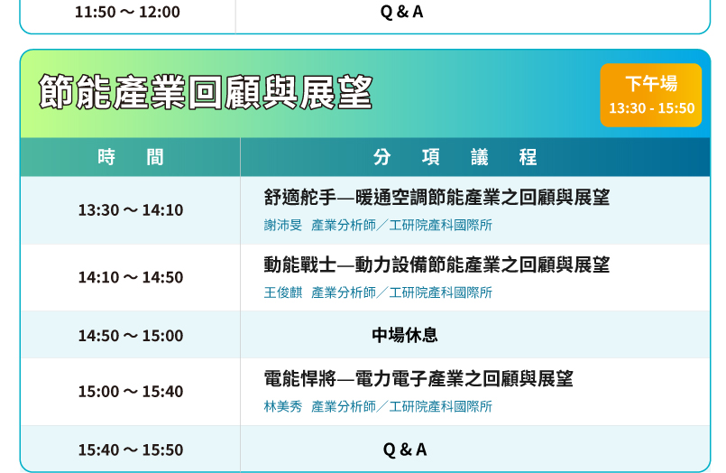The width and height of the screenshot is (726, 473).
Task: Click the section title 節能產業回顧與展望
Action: pos(206,92)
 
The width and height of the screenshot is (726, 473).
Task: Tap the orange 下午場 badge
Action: pos(651,95)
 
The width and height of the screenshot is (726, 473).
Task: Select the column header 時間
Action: pos(131,157)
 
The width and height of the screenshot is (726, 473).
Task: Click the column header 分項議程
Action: pos(455,157)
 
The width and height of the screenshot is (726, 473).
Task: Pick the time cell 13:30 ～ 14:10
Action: pos(131,209)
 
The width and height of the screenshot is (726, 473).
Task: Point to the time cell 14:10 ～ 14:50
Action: pos(131,277)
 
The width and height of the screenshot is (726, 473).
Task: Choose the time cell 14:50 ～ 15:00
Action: pos(131,336)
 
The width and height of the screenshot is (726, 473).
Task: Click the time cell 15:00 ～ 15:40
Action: pos(131,392)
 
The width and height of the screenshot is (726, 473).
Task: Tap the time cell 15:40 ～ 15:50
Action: pos(131,450)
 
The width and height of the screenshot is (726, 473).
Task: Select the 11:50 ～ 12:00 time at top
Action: pos(127,12)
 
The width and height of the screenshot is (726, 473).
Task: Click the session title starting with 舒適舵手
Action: pos(437,198)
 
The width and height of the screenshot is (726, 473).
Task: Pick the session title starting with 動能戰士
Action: pos(437,264)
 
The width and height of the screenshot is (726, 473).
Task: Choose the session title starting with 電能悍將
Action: pos(418,378)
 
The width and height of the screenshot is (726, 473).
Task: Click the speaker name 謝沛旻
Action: pos(283,225)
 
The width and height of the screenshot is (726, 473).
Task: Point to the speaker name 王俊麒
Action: pos(283,292)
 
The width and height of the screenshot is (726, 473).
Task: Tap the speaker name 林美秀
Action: pos(283,406)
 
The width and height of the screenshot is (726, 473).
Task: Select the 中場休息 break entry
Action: pos(405,335)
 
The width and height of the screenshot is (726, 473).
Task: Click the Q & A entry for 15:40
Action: pos(405,450)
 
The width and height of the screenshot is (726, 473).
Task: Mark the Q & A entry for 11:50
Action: pos(401,12)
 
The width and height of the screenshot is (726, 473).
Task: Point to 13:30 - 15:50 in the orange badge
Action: pos(651,108)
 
